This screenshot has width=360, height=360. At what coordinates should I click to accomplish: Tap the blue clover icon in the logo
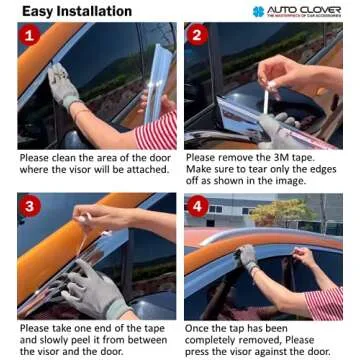[x=259, y=11]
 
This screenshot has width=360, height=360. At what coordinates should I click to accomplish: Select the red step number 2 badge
[x=196, y=37]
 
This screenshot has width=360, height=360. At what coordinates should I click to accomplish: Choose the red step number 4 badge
[x=196, y=206]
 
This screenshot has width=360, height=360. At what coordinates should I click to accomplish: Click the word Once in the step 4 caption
[x=200, y=327]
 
